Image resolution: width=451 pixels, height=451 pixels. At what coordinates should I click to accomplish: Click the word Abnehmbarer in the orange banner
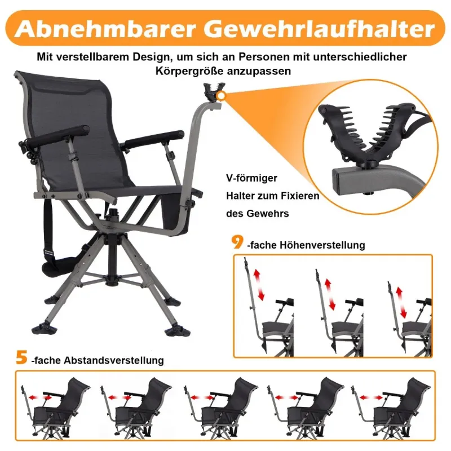pyautogui.click(x=105, y=29)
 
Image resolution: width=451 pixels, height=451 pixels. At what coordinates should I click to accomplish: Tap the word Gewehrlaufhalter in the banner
pyautogui.click(x=319, y=29)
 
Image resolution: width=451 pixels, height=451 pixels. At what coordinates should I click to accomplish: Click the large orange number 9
pyautogui.click(x=237, y=242)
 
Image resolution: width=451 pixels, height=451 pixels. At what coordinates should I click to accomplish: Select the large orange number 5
pyautogui.click(x=21, y=357)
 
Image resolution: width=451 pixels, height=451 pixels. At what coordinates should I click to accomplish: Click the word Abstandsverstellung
pyautogui.click(x=114, y=360)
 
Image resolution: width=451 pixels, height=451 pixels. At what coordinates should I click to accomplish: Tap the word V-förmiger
pyautogui.click(x=251, y=178)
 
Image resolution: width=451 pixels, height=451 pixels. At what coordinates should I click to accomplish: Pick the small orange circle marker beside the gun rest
pyautogui.click(x=221, y=95)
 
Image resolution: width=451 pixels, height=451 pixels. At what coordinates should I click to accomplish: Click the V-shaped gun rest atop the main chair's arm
pyautogui.click(x=214, y=92)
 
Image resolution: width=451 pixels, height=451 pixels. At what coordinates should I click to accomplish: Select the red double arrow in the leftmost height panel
pyautogui.click(x=259, y=285)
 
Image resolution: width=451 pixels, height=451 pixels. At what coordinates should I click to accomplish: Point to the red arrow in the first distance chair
pyautogui.click(x=41, y=397)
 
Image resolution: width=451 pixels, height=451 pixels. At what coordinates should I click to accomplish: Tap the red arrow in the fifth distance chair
pyautogui.click(x=372, y=397)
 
